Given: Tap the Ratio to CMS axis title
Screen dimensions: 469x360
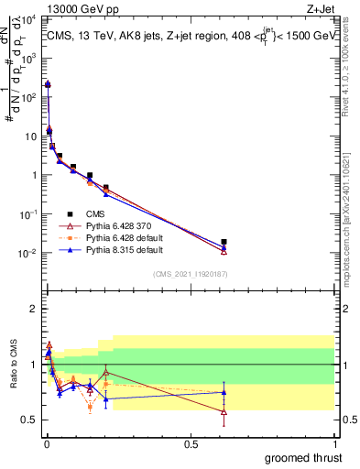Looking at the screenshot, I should pyautogui.click(x=12, y=379).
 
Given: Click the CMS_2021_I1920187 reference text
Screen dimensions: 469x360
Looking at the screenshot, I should pyautogui.click(x=190, y=273).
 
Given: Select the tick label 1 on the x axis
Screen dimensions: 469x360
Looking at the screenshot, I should pyautogui.click(x=334, y=444).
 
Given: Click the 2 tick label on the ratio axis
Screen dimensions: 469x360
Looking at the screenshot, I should pyautogui.click(x=32, y=309).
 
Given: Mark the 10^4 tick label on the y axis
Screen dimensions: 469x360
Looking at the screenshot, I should pyautogui.click(x=29, y=19).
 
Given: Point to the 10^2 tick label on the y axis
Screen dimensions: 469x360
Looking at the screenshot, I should pyautogui.click(x=29, y=97).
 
